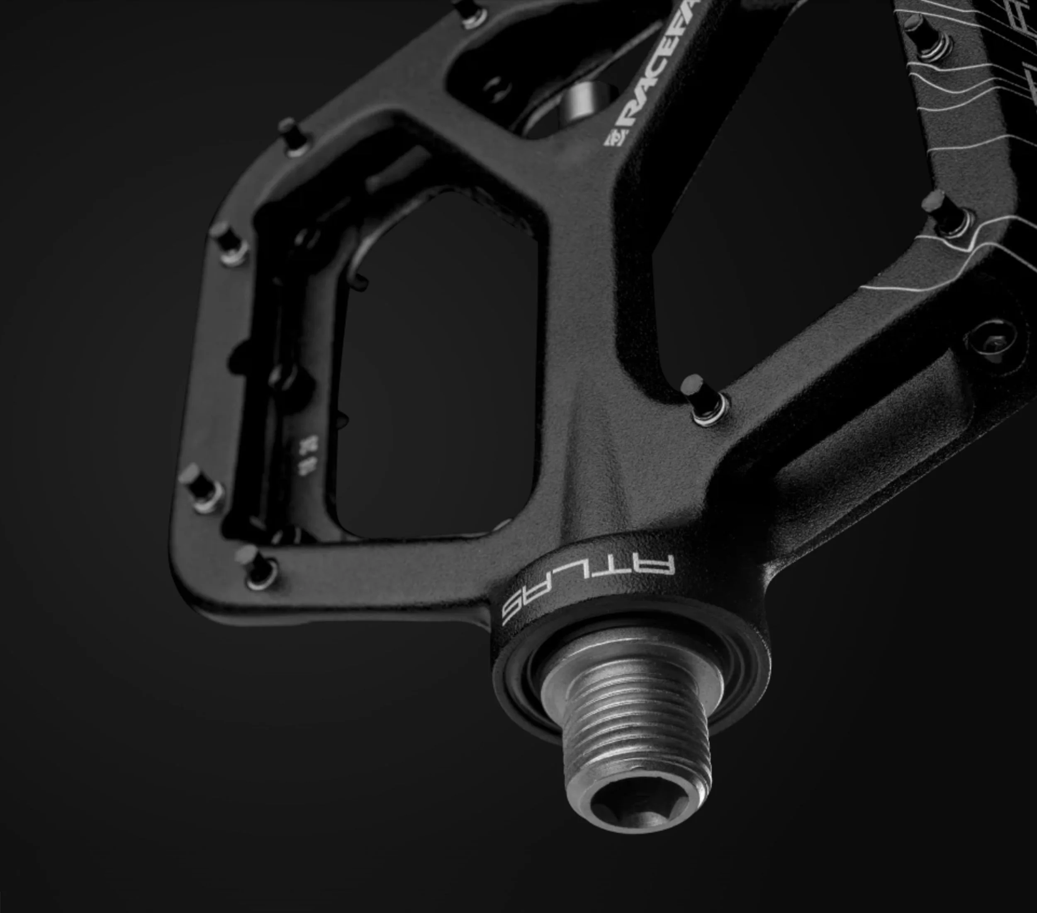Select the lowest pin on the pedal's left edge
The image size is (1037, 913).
point(203,487)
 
